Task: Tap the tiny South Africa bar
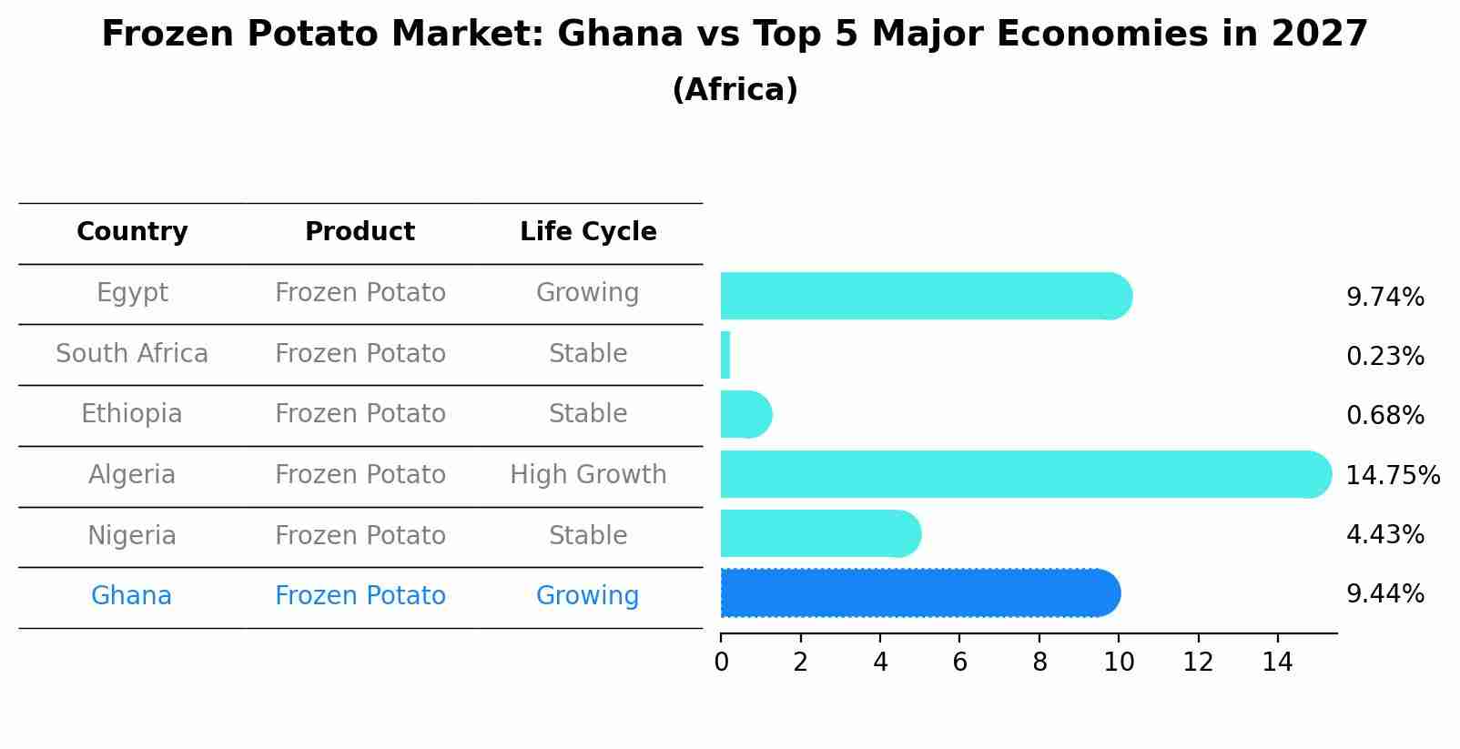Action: pos(725,355)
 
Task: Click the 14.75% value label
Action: pos(1392,476)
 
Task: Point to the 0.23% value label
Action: pos(1384,357)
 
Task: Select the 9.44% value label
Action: pos(1384,594)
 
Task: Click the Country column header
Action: pos(132,232)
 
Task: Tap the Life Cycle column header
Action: pos(588,232)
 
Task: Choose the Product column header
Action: pos(360,232)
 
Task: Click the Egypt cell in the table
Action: pos(132,293)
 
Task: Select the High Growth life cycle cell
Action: pos(588,475)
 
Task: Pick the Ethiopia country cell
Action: pos(132,414)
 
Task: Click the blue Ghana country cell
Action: pos(132,596)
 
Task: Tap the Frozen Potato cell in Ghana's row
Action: pos(360,596)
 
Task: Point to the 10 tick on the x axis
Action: pos(1119,663)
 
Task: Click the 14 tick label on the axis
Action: pos(1277,663)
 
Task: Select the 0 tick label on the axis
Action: pos(721,663)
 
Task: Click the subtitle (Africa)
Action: pos(735,90)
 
